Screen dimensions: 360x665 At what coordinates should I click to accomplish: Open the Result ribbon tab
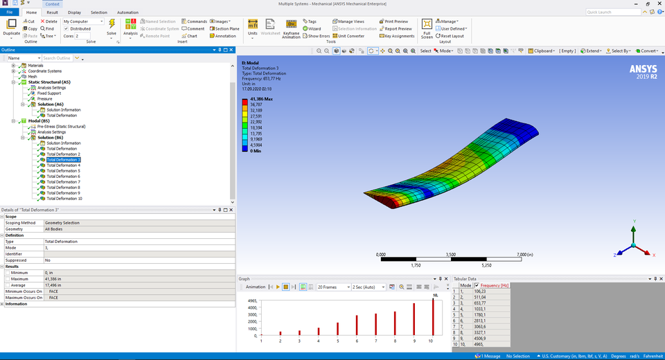(52, 12)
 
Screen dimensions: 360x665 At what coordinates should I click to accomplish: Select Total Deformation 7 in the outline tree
(63, 182)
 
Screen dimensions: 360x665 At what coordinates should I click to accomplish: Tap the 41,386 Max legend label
(261, 100)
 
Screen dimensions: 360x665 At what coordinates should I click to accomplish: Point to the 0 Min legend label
(256, 151)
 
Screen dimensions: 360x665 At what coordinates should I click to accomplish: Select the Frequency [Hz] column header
(495, 285)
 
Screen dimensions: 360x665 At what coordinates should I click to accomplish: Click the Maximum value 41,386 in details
(54, 279)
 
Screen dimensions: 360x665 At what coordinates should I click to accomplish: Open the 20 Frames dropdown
(333, 287)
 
